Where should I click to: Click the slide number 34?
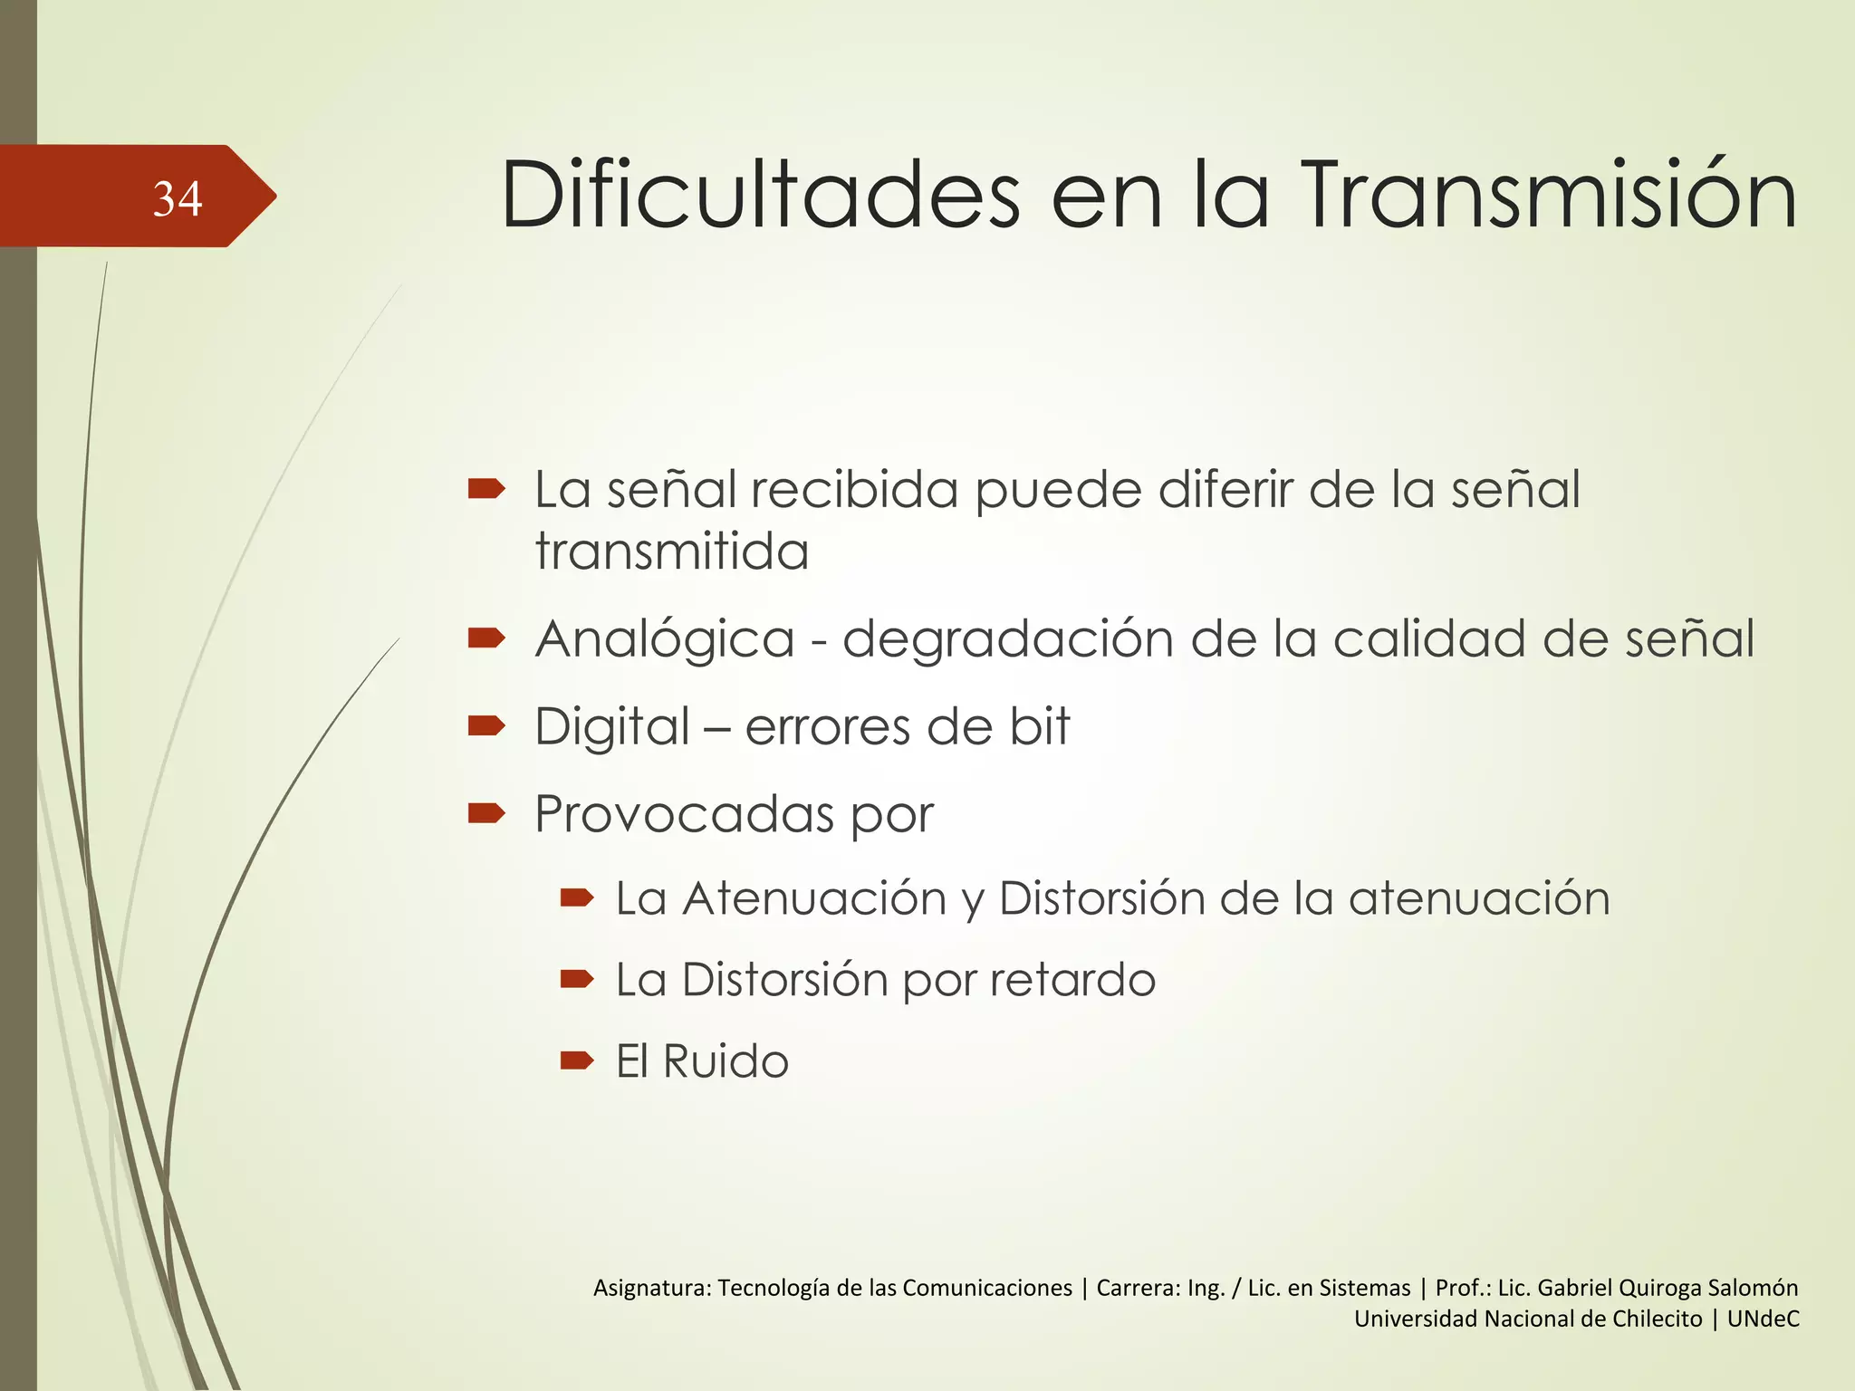[178, 198]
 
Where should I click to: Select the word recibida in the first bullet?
[856, 490]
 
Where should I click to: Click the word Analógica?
[665, 639]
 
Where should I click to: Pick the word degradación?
[1008, 639]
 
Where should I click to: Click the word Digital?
[613, 726]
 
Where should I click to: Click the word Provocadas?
[684, 813]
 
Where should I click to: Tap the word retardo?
[1072, 980]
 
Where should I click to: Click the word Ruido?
[726, 1061]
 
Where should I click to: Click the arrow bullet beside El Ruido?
[577, 1060]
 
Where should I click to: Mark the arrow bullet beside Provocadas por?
[486, 813]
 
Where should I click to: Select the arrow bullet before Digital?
[486, 725]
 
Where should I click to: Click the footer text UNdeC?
[1763, 1319]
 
